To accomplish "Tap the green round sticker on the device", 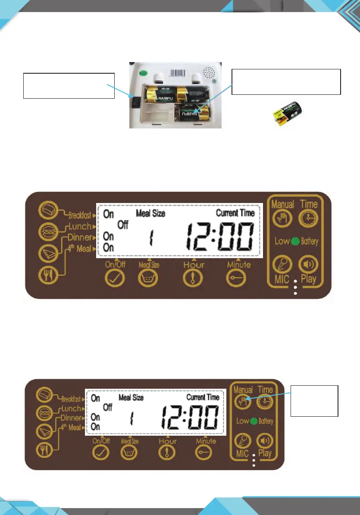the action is [x=144, y=73].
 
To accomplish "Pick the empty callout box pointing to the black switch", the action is [x=69, y=85].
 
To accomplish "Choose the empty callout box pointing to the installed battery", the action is [x=286, y=81].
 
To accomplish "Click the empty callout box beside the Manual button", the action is [x=314, y=401].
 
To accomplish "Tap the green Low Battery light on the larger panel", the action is [x=295, y=240].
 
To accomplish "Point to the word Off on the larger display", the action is [x=123, y=225].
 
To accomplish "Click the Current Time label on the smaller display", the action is [x=203, y=397].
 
